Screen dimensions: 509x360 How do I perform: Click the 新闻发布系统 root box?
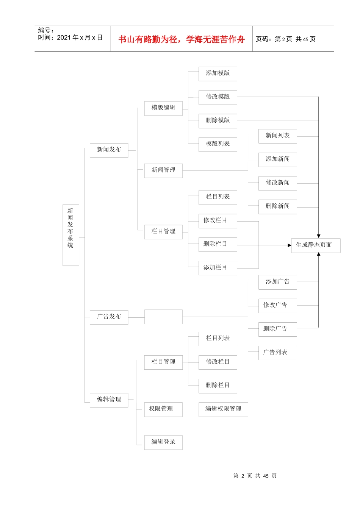click(70, 235)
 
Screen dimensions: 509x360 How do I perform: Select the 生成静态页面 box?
click(315, 245)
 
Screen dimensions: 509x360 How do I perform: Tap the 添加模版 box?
click(218, 73)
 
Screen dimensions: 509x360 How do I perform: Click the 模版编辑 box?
click(163, 108)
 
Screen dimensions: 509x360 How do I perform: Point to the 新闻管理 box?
click(163, 170)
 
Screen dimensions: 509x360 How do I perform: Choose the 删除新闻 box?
click(277, 206)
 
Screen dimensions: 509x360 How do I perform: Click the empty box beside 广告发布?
click(163, 317)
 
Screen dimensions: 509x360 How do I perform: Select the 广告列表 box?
click(277, 353)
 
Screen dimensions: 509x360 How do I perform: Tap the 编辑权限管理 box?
click(223, 409)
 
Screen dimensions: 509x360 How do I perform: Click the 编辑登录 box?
click(163, 442)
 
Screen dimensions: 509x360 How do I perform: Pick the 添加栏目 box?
click(218, 268)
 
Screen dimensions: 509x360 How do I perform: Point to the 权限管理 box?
click(163, 409)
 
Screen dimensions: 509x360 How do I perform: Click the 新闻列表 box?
click(277, 136)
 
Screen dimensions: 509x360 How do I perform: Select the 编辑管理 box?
click(109, 400)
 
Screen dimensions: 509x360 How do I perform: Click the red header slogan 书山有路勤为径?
click(182, 39)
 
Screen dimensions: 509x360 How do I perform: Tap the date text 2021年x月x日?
click(80, 37)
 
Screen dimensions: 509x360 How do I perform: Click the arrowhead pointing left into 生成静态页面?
click(289, 245)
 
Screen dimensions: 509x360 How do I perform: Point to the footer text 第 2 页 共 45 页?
click(255, 476)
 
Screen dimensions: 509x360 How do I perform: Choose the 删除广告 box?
click(277, 329)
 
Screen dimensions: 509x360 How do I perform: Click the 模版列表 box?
click(218, 144)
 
